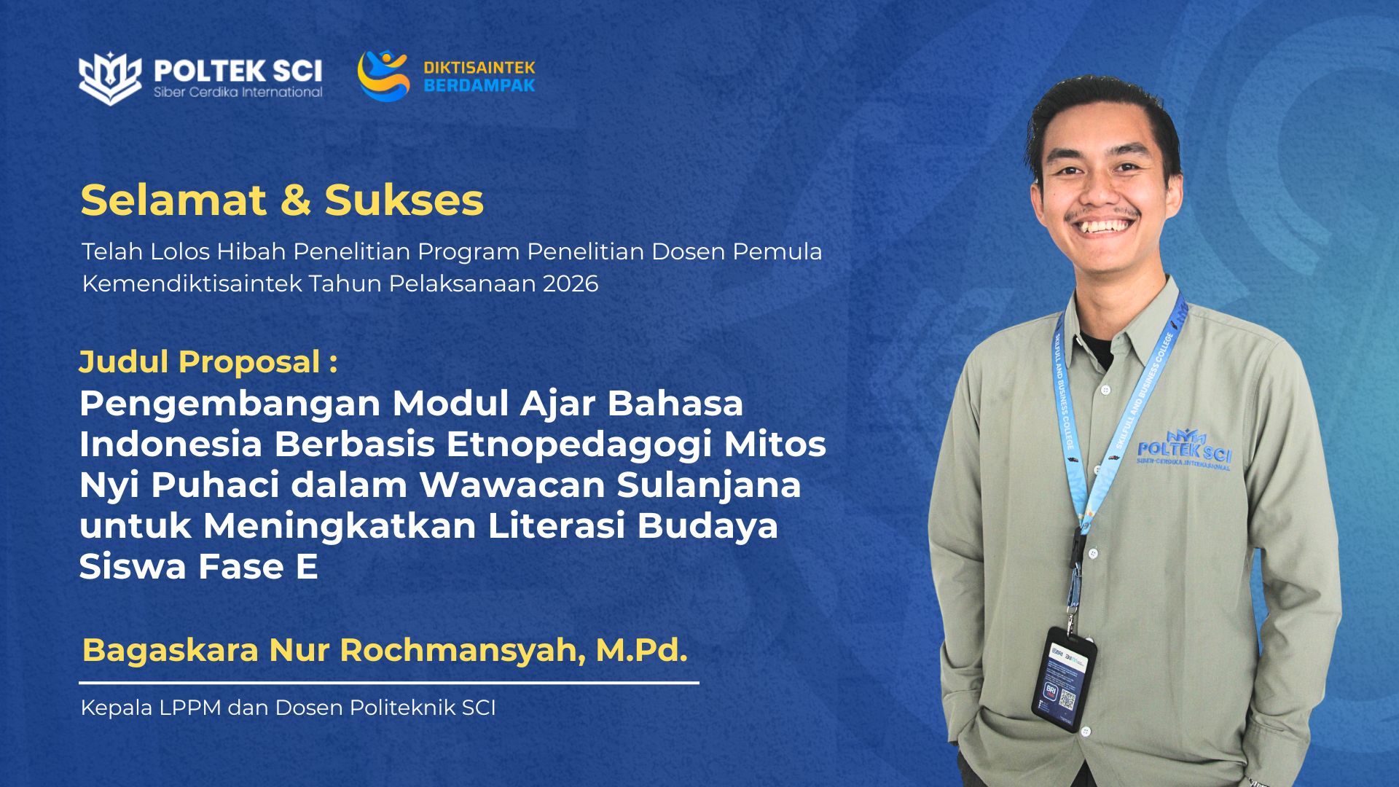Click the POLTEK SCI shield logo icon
(110, 78)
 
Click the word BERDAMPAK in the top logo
(479, 85)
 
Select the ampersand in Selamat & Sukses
(295, 200)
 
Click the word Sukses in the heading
(404, 200)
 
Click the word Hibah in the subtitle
(251, 251)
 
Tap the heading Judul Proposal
(208, 362)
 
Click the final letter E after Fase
(307, 567)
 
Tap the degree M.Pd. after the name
(642, 649)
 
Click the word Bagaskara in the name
(171, 650)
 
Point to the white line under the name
(389, 683)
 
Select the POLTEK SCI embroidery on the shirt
(1184, 450)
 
